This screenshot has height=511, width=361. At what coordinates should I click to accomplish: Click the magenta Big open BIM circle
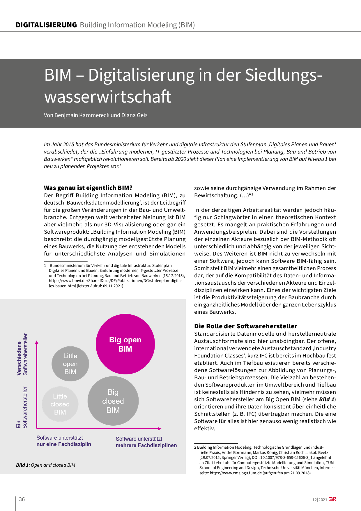click(125, 344)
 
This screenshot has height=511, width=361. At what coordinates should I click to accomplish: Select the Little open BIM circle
click(70, 364)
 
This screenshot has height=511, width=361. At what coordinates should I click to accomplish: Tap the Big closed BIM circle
click(113, 401)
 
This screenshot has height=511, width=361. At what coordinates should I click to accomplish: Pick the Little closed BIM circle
click(60, 404)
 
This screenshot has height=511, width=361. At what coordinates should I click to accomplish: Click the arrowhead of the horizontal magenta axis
click(160, 429)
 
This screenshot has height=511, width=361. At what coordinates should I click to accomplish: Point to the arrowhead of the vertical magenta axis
click(37, 343)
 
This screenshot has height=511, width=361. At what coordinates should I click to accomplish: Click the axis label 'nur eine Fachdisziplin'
click(64, 444)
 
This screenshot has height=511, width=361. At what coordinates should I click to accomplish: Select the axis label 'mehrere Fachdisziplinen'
click(146, 445)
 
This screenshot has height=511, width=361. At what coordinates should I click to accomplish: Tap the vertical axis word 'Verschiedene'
click(19, 358)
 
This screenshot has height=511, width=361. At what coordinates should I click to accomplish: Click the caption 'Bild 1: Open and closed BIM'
click(46, 465)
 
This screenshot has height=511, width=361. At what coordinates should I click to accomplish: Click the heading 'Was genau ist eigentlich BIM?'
click(88, 188)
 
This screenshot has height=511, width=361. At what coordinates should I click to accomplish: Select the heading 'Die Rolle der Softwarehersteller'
click(246, 326)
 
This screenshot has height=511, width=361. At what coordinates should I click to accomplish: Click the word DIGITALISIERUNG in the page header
click(46, 25)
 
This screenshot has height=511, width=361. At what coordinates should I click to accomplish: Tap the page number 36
click(22, 499)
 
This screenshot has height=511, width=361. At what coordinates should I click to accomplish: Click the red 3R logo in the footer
click(332, 499)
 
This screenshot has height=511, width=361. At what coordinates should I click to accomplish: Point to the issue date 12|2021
click(320, 500)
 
